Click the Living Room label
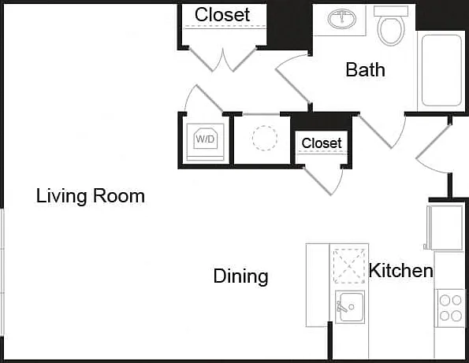point(91,196)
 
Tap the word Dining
point(240,276)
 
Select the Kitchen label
point(400,270)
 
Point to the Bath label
point(365,69)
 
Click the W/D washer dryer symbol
point(205,139)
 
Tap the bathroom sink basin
point(342,19)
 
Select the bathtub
point(441,71)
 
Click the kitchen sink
point(350,307)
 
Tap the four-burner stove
point(451,308)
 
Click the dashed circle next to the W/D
point(265,138)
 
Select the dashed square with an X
point(349,266)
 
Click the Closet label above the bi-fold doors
point(222,15)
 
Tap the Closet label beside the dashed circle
point(322,143)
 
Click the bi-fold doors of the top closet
point(223,60)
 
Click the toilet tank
point(391,11)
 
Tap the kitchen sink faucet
point(341,306)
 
